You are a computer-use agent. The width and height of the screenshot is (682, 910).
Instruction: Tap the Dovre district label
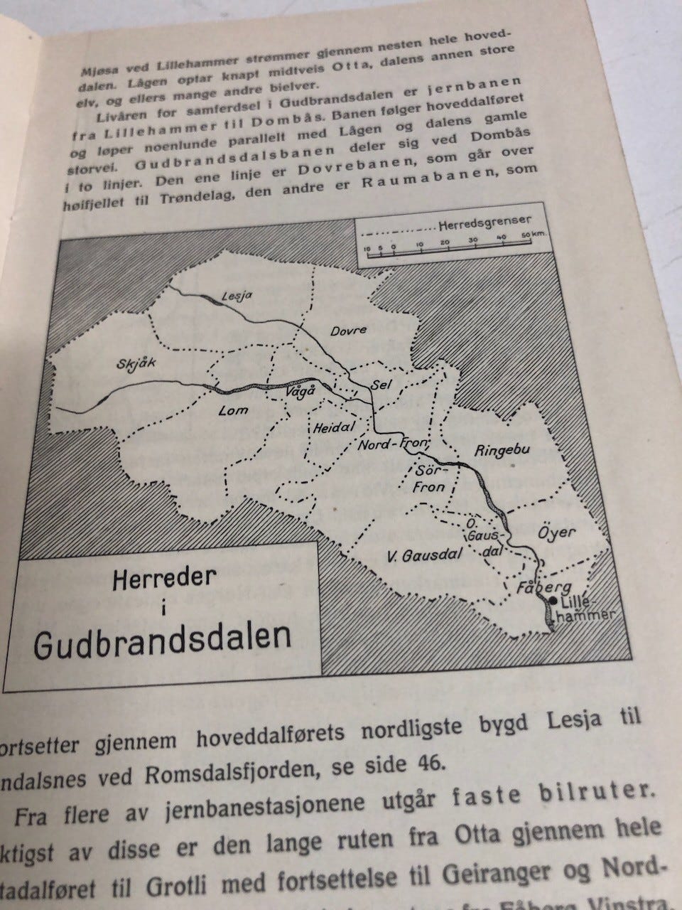coord(348,331)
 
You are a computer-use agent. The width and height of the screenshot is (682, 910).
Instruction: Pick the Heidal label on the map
coord(329,430)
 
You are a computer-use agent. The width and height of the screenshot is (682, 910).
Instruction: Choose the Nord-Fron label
coord(393,444)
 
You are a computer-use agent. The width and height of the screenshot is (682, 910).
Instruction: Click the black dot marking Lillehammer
coord(553,601)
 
